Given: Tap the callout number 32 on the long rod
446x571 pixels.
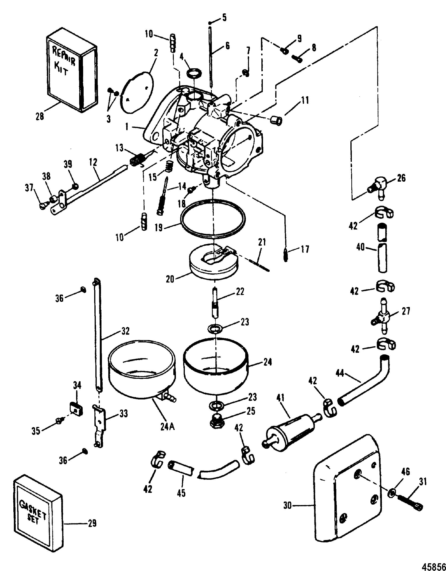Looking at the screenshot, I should pos(125,331).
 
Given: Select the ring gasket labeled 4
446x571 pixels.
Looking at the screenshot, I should pos(194,73).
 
